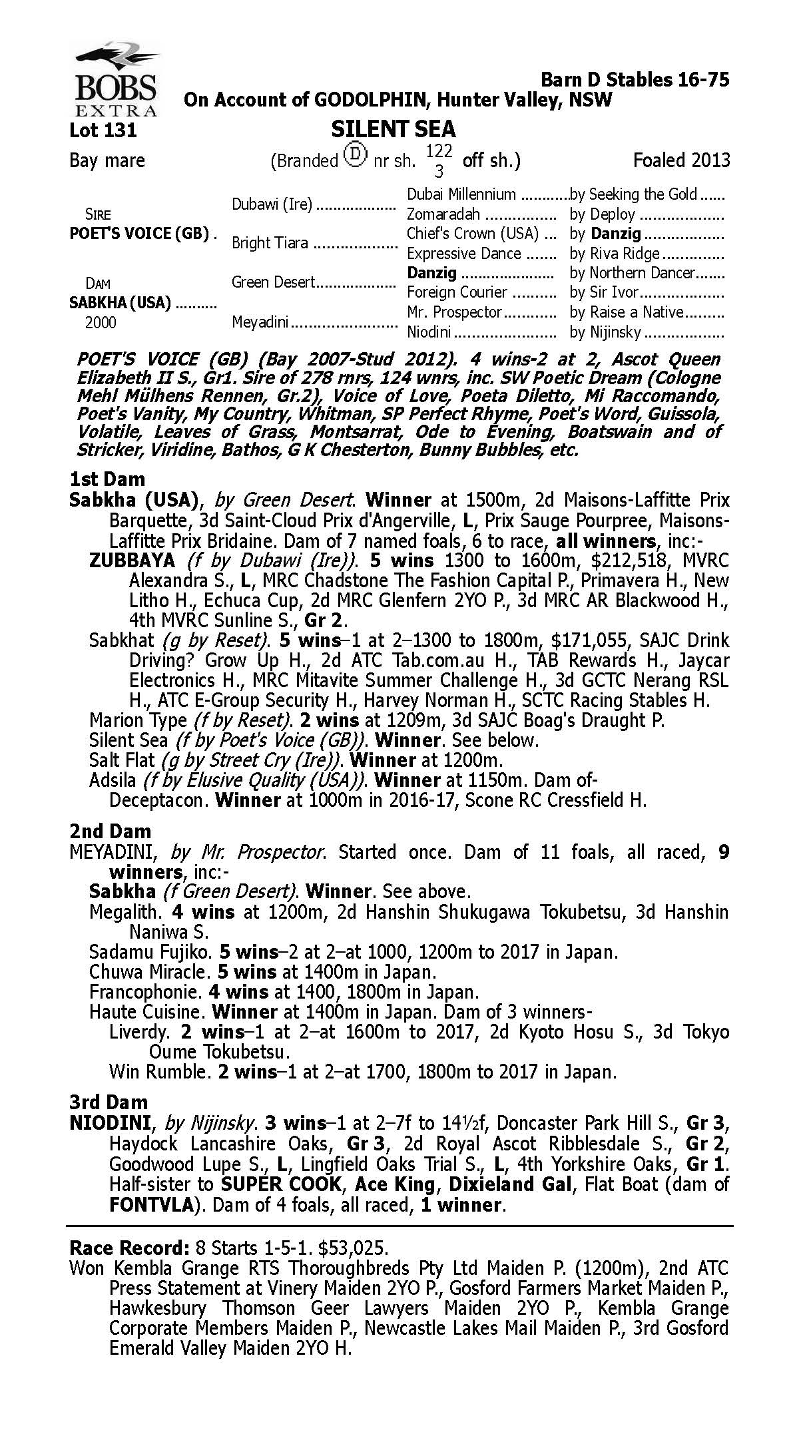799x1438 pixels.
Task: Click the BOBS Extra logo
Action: (x=115, y=79)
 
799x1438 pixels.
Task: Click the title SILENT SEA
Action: (x=393, y=128)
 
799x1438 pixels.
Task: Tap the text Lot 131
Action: (x=103, y=130)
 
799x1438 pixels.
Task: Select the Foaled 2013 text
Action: (x=681, y=160)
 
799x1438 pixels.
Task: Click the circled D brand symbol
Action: (x=356, y=156)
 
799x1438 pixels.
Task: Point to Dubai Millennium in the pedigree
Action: (x=461, y=194)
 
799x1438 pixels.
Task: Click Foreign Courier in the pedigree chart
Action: (x=457, y=292)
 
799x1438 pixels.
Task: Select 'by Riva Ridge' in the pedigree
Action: (x=615, y=254)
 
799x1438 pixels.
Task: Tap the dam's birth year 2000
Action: (x=101, y=323)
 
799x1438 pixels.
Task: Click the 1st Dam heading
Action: (x=107, y=479)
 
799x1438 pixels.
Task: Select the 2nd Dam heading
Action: (x=110, y=831)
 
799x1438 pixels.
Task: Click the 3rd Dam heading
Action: (x=109, y=1102)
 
